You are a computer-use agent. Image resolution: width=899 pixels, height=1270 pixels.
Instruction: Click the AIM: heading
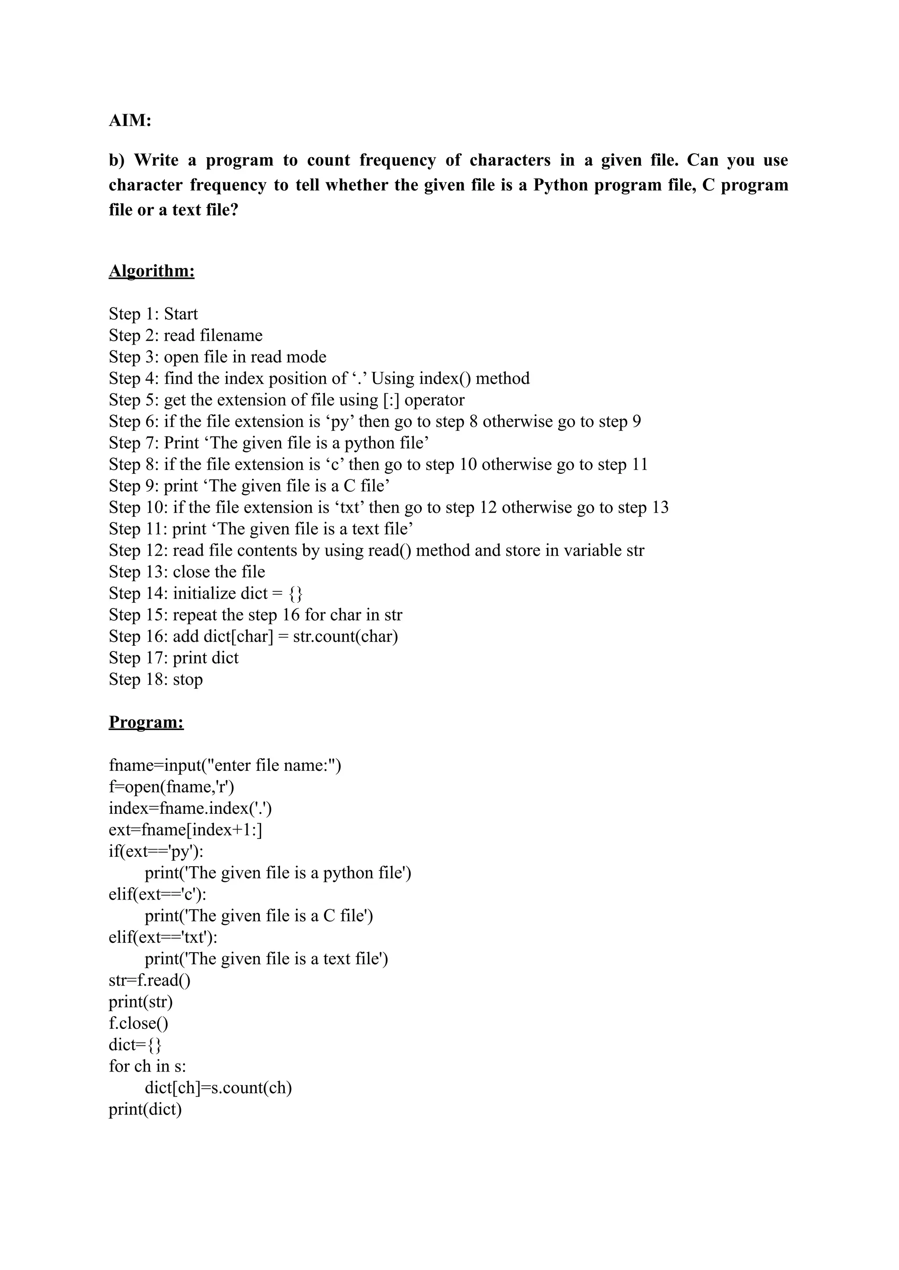(x=130, y=120)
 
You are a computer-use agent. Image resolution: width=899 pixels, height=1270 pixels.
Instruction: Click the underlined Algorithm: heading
(x=152, y=271)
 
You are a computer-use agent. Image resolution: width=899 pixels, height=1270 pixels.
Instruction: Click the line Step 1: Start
(x=153, y=314)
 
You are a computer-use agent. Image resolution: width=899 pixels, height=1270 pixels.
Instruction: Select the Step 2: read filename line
(x=185, y=335)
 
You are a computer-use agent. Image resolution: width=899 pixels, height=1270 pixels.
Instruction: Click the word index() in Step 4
(x=445, y=379)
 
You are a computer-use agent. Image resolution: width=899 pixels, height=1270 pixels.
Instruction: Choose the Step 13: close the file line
(x=187, y=572)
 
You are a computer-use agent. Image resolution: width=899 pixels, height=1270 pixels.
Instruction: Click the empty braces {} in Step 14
(x=295, y=594)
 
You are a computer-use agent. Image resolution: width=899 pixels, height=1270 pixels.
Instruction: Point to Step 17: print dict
(x=174, y=658)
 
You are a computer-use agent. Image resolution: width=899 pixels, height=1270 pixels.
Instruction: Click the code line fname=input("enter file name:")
(x=225, y=766)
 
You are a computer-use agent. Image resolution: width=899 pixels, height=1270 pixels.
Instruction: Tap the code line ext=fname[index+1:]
(x=185, y=830)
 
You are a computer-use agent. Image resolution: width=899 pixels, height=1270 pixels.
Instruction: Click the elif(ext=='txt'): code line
(x=163, y=938)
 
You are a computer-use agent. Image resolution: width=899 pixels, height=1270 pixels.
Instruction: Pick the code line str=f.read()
(x=149, y=980)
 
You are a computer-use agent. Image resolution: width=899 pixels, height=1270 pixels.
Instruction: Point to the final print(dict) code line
(x=145, y=1109)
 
